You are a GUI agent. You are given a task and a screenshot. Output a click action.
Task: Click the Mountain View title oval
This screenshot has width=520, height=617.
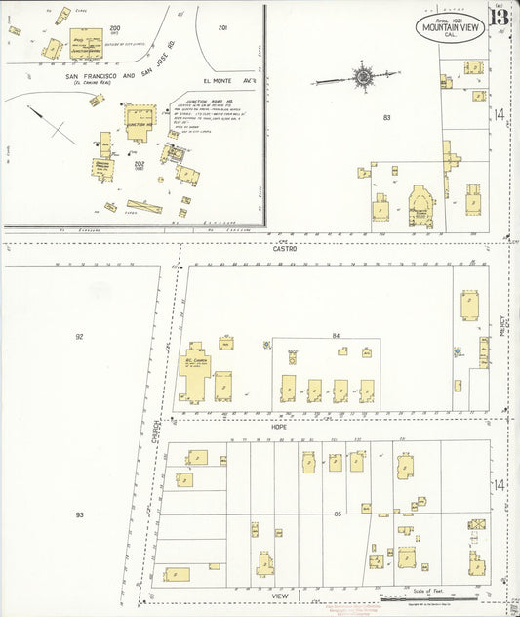(x=449, y=27)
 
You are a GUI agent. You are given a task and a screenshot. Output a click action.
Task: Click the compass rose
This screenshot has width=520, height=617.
(x=363, y=75)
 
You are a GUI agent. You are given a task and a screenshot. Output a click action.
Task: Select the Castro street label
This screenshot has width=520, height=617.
(x=285, y=249)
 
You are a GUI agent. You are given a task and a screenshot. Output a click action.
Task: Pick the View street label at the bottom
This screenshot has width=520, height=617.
(x=281, y=595)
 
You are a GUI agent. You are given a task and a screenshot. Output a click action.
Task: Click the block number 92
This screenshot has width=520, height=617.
(x=80, y=336)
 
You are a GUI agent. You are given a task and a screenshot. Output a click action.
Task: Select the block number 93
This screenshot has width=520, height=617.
(x=80, y=514)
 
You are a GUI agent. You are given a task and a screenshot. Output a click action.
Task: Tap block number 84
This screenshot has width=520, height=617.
(x=337, y=336)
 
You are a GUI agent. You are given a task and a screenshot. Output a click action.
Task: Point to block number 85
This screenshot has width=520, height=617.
(x=338, y=514)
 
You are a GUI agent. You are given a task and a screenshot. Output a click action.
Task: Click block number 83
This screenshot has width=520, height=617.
(x=387, y=118)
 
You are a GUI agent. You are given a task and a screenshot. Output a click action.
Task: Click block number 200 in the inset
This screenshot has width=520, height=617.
(x=114, y=28)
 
